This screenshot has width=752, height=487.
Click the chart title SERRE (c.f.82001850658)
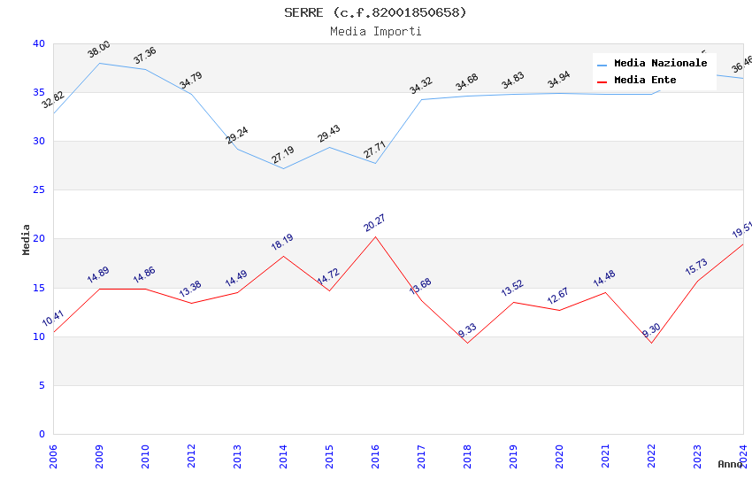pyautogui.click(x=375, y=12)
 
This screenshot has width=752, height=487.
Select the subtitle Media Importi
pyautogui.click(x=375, y=31)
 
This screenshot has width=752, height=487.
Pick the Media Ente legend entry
pyautogui.click(x=645, y=81)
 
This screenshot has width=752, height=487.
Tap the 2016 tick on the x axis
pyautogui.click(x=375, y=455)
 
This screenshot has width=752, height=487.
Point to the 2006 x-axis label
pyautogui.click(x=53, y=455)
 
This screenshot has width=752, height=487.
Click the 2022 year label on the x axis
pyautogui.click(x=651, y=455)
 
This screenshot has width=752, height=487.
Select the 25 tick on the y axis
pyautogui.click(x=39, y=189)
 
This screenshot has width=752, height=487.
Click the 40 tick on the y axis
pyautogui.click(x=39, y=43)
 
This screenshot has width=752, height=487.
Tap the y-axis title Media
pyautogui.click(x=27, y=239)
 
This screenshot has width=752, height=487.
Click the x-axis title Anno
pyautogui.click(x=730, y=464)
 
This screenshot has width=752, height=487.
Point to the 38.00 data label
pyautogui.click(x=99, y=50)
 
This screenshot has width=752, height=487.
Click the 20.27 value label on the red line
pyautogui.click(x=375, y=223)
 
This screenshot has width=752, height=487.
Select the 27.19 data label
pyautogui.click(x=283, y=156)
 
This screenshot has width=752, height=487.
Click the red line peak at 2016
pyautogui.click(x=375, y=236)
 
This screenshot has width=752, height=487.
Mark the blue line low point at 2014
pyautogui.click(x=283, y=168)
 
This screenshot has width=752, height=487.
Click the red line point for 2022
pyautogui.click(x=651, y=343)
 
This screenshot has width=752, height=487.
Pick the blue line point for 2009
pyautogui.click(x=99, y=63)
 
